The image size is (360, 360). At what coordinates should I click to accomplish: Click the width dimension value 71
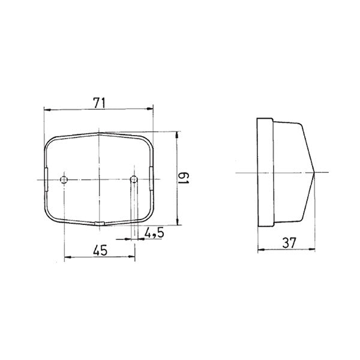pyautogui.click(x=100, y=102)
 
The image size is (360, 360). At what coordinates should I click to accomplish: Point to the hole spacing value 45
pyautogui.click(x=100, y=251)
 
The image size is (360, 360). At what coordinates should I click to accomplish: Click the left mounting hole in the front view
pyautogui.click(x=65, y=179)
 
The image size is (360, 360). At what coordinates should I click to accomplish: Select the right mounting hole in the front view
pyautogui.click(x=134, y=179)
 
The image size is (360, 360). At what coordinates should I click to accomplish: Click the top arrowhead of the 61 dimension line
pyautogui.click(x=176, y=134)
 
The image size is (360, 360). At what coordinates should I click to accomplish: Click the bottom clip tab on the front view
pyautogui.click(x=100, y=224)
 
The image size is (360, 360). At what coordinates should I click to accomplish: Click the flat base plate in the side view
pyautogui.click(x=263, y=173)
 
